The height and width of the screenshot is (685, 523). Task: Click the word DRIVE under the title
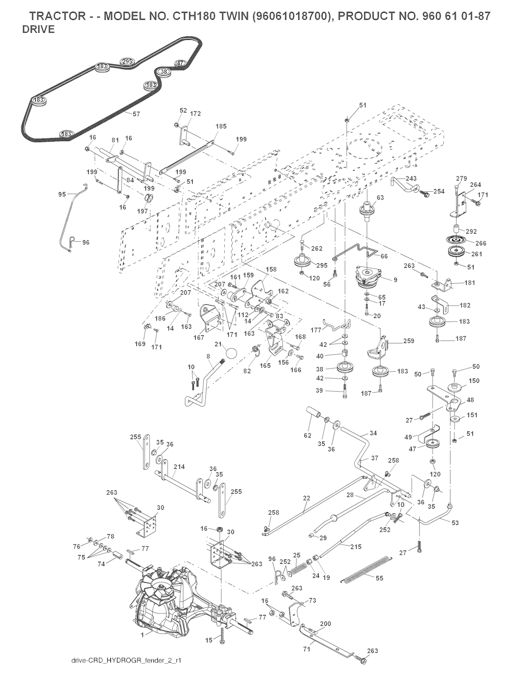pyautogui.click(x=38, y=29)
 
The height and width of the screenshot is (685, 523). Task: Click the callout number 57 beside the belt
pyautogui.click(x=136, y=114)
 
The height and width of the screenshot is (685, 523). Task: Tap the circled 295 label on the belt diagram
pyautogui.click(x=127, y=61)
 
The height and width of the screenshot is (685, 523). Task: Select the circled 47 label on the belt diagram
pyautogui.click(x=180, y=63)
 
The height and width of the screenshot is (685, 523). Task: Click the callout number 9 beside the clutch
pyautogui.click(x=395, y=280)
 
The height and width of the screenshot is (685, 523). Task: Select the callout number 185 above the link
pyautogui.click(x=221, y=125)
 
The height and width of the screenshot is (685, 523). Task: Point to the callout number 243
pyautogui.click(x=411, y=178)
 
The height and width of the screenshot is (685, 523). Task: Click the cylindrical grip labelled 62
pyautogui.click(x=313, y=412)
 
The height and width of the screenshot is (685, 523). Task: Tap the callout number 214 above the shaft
pyautogui.click(x=179, y=467)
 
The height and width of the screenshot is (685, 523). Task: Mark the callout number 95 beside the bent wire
pyautogui.click(x=62, y=194)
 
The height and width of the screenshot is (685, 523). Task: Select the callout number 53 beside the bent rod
pyautogui.click(x=456, y=522)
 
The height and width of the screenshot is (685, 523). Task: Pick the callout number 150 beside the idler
pyautogui.click(x=474, y=381)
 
